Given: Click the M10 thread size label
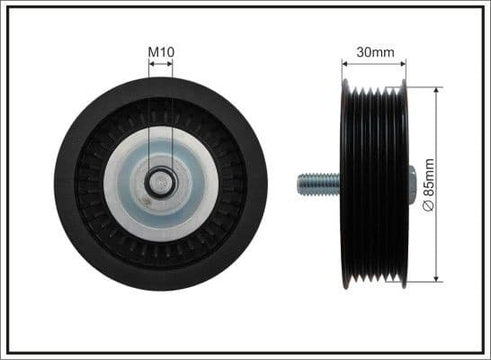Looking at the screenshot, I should click(160, 53).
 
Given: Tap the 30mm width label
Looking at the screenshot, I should click(375, 52).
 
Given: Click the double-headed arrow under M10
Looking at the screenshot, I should click(160, 66).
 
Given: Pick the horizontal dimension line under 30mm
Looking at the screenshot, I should click(375, 64).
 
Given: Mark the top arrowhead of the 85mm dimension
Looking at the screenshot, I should click(436, 90).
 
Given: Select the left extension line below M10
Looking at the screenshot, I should click(148, 117).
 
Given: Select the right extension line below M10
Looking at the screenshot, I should click(173, 117).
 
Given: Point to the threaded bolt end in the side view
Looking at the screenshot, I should click(314, 185).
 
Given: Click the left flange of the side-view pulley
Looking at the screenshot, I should click(345, 185).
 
